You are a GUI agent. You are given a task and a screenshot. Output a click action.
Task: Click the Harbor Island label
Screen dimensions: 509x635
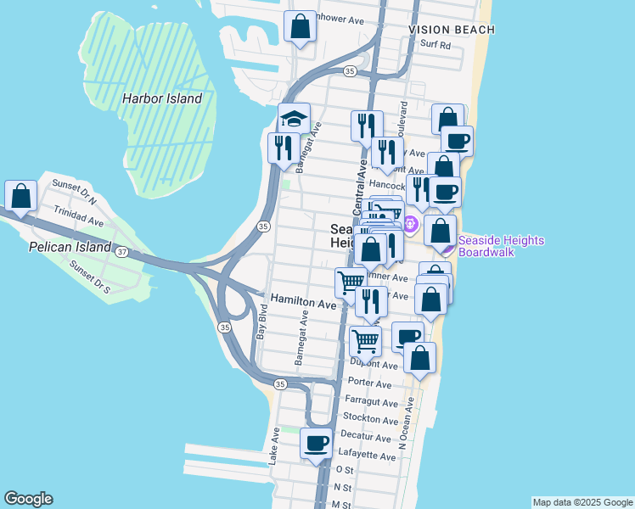tap(161, 98)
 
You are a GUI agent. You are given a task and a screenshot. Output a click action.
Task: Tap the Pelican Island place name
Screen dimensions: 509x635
tap(69, 247)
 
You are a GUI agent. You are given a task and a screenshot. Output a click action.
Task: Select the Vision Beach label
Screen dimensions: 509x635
tap(451, 30)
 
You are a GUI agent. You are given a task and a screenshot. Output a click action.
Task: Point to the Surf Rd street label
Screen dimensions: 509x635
tap(434, 45)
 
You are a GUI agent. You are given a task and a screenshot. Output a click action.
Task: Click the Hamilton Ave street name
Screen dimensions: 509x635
tap(303, 302)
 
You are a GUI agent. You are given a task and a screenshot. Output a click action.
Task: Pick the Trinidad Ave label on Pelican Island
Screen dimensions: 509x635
tap(78, 215)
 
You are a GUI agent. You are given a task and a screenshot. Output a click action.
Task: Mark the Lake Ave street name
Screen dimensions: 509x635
tap(274, 445)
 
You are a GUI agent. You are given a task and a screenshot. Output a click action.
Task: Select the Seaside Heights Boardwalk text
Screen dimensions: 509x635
tap(501, 246)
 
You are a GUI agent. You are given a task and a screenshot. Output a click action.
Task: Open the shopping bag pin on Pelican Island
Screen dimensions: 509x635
tap(20, 196)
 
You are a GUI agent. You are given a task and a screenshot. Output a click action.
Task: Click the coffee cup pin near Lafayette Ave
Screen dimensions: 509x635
tap(317, 443)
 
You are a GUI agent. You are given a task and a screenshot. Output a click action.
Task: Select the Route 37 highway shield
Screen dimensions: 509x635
tap(122, 252)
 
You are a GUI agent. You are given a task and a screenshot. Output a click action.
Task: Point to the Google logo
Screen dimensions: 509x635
tap(28, 499)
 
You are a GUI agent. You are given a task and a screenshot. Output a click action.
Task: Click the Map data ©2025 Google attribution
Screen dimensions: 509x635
tap(582, 502)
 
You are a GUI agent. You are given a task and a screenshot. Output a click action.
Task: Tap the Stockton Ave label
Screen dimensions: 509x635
tap(370, 418)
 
